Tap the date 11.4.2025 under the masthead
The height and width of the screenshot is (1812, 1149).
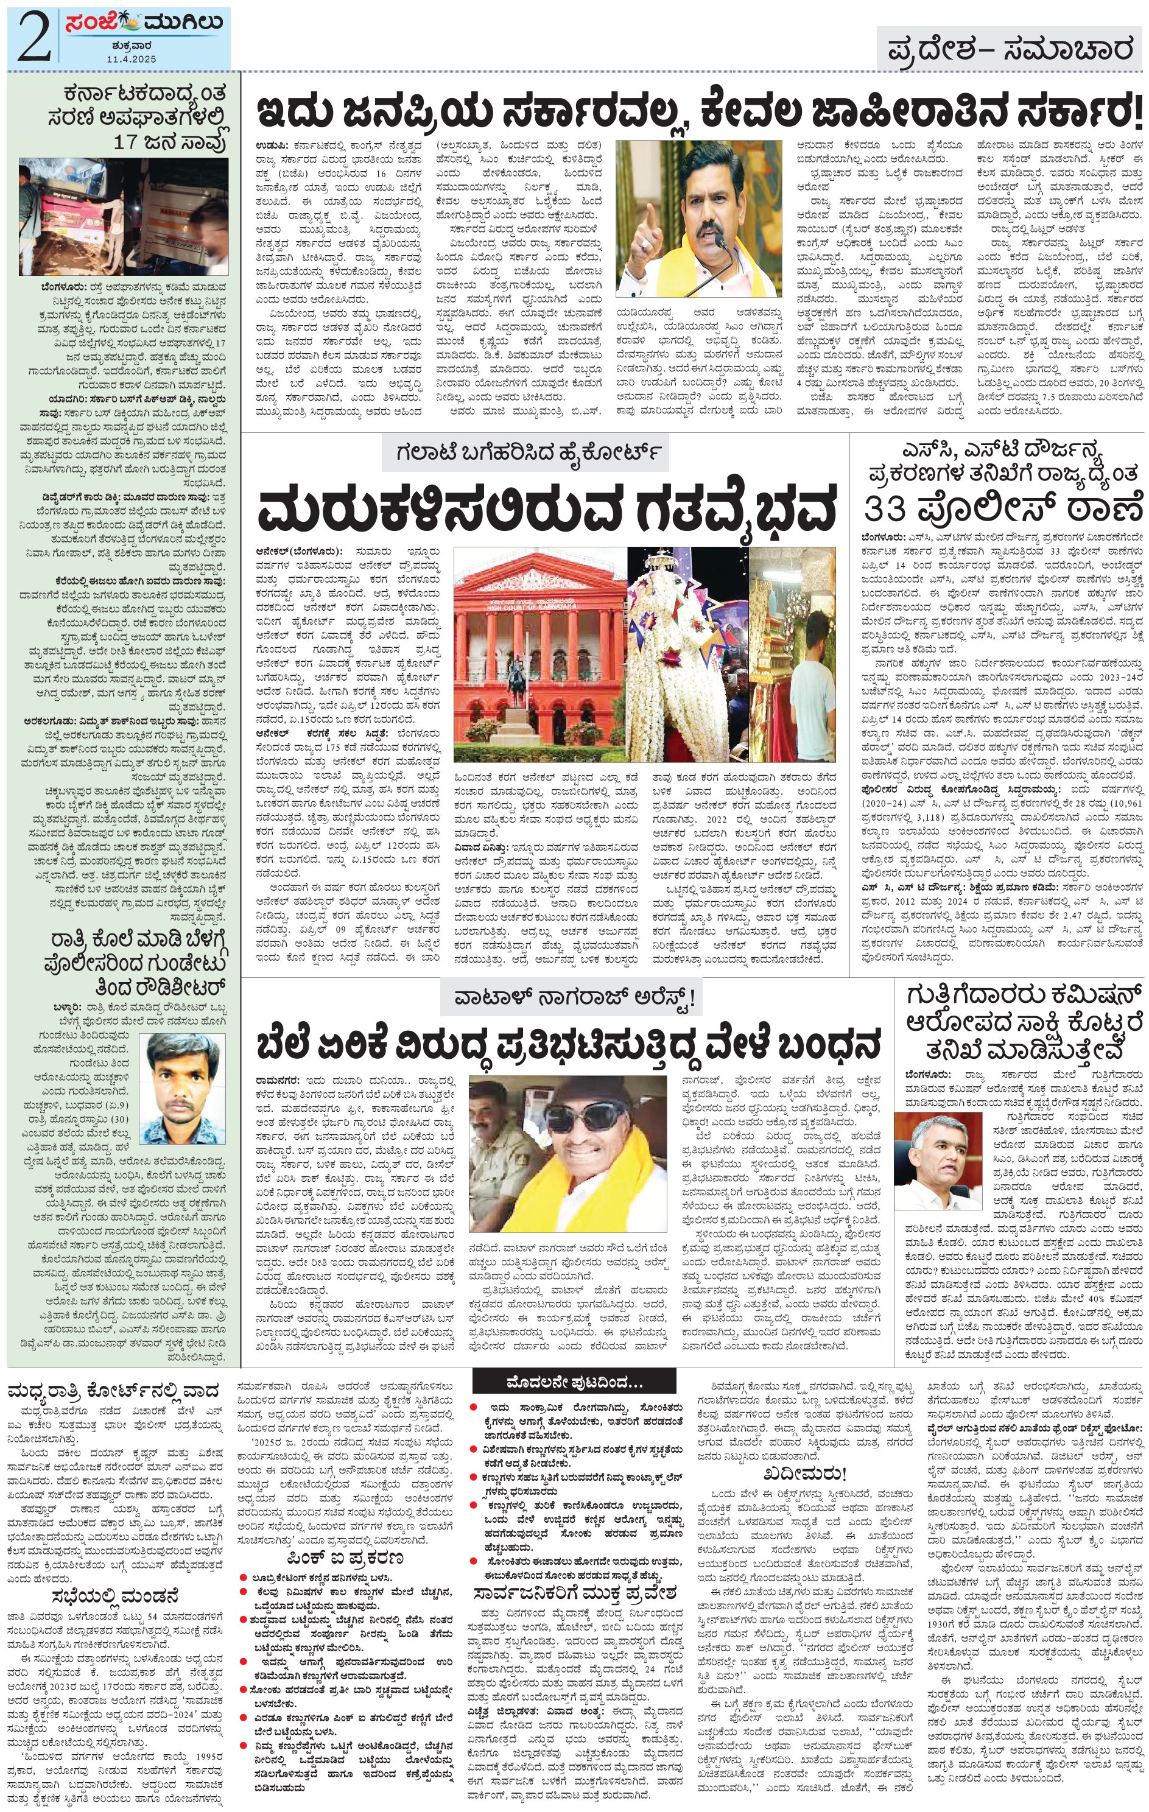[130, 58]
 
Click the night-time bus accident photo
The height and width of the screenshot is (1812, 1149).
[122, 216]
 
